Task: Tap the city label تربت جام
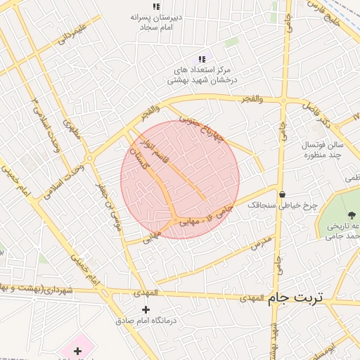coord(294,297)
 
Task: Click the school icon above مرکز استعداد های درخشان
coord(202,59)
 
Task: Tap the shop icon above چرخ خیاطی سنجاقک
coord(282,195)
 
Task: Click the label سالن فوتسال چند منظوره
coord(321,149)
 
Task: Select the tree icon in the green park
coord(349,212)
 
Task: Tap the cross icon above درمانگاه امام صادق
coord(146,309)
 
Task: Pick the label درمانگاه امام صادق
coord(146,321)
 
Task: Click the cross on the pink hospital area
coord(77,350)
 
